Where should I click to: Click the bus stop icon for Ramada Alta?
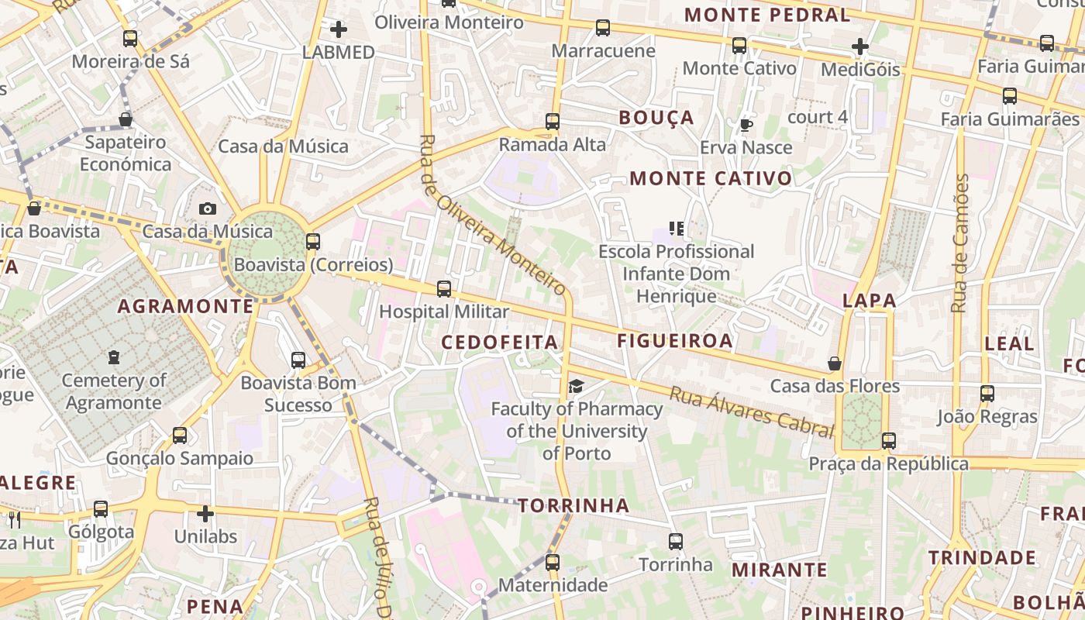(553, 122)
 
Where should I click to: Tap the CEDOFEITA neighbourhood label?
(500, 342)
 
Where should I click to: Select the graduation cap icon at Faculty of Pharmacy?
(576, 386)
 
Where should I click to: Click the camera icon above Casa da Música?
(207, 208)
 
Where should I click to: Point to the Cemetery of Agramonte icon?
(114, 357)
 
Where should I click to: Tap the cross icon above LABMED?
(339, 30)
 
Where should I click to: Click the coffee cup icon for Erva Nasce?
(746, 125)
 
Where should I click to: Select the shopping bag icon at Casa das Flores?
(835, 363)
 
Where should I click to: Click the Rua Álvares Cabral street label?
(751, 412)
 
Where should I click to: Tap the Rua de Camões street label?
(961, 243)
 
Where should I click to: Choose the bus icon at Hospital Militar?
(444, 289)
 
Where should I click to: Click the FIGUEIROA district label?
(675, 340)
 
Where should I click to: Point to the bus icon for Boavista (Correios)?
(313, 242)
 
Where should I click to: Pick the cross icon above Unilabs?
(205, 513)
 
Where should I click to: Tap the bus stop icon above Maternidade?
(553, 562)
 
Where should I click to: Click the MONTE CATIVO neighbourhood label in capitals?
(711, 179)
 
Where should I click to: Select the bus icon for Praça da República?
(889, 441)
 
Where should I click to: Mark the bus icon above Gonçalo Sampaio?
(180, 436)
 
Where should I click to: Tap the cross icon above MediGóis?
(860, 46)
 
